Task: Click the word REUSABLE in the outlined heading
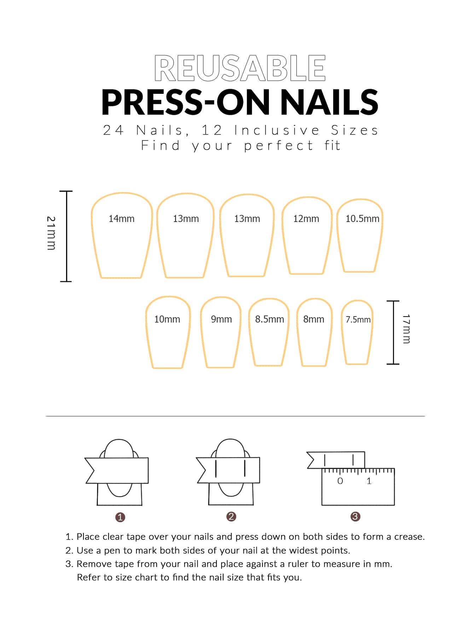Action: tap(240, 68)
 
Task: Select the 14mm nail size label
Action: tap(121, 219)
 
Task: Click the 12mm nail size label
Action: tap(306, 219)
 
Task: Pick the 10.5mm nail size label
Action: tap(362, 219)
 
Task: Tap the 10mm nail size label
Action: tap(167, 319)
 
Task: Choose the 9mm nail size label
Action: tap(221, 319)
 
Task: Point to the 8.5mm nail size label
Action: tap(270, 319)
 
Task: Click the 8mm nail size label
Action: tap(314, 319)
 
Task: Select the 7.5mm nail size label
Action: tap(358, 320)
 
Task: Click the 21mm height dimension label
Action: tap(51, 233)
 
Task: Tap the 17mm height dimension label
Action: tap(406, 329)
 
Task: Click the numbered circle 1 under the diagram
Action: tap(120, 517)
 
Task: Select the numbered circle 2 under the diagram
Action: tap(231, 517)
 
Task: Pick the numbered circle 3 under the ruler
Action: tap(355, 517)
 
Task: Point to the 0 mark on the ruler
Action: tap(340, 481)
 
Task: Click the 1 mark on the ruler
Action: tap(369, 481)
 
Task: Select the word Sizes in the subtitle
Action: tap(354, 130)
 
